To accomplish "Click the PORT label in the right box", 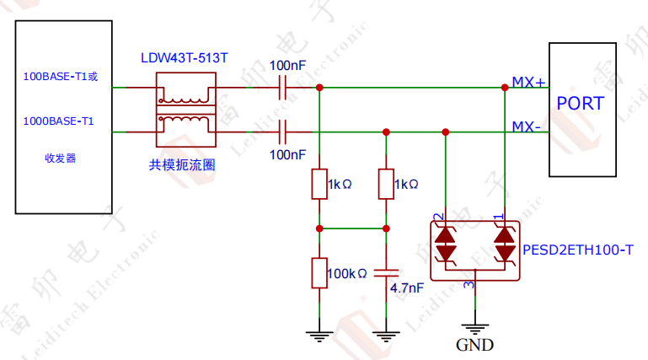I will (x=581, y=104).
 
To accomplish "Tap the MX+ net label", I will (x=529, y=82).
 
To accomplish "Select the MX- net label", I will (x=528, y=126).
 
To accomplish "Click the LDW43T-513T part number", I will (x=185, y=58).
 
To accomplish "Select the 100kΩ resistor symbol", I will (x=319, y=273).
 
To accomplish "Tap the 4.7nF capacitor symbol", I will (x=386, y=273).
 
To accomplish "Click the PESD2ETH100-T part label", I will (x=577, y=250).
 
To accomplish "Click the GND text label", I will (x=474, y=345).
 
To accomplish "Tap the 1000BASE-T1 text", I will (x=58, y=121).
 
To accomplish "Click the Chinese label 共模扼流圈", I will (x=182, y=166).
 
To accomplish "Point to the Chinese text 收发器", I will (x=61, y=159).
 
